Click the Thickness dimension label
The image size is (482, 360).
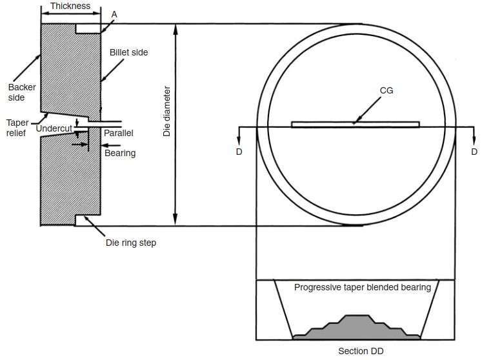(x=70, y=6)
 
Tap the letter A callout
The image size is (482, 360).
(x=114, y=14)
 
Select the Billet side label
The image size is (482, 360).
(x=129, y=52)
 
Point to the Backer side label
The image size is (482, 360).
(x=22, y=92)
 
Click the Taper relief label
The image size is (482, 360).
(x=17, y=128)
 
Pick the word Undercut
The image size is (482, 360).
(x=54, y=128)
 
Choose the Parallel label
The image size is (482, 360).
(x=118, y=133)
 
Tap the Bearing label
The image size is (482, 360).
(x=120, y=153)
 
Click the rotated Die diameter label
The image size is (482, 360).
(x=166, y=111)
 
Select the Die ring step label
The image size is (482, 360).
(x=131, y=243)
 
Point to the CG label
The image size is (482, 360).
(x=387, y=91)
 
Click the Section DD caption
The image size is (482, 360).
(x=361, y=351)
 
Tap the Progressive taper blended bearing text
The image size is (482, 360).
(x=363, y=288)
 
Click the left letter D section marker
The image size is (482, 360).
(x=239, y=152)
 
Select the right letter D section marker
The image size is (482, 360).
(x=474, y=152)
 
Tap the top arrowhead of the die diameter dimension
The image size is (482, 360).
(x=176, y=29)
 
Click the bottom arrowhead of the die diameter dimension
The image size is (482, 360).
(x=176, y=220)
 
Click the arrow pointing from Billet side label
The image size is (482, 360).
(x=112, y=70)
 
